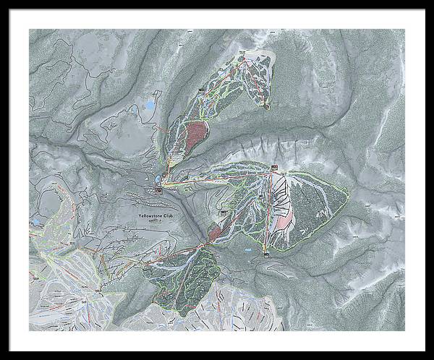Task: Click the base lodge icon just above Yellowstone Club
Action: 158,190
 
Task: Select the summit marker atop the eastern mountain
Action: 275,169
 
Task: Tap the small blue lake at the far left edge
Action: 35,222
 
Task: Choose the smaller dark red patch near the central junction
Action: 216,232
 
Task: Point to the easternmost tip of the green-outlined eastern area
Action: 348,194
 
